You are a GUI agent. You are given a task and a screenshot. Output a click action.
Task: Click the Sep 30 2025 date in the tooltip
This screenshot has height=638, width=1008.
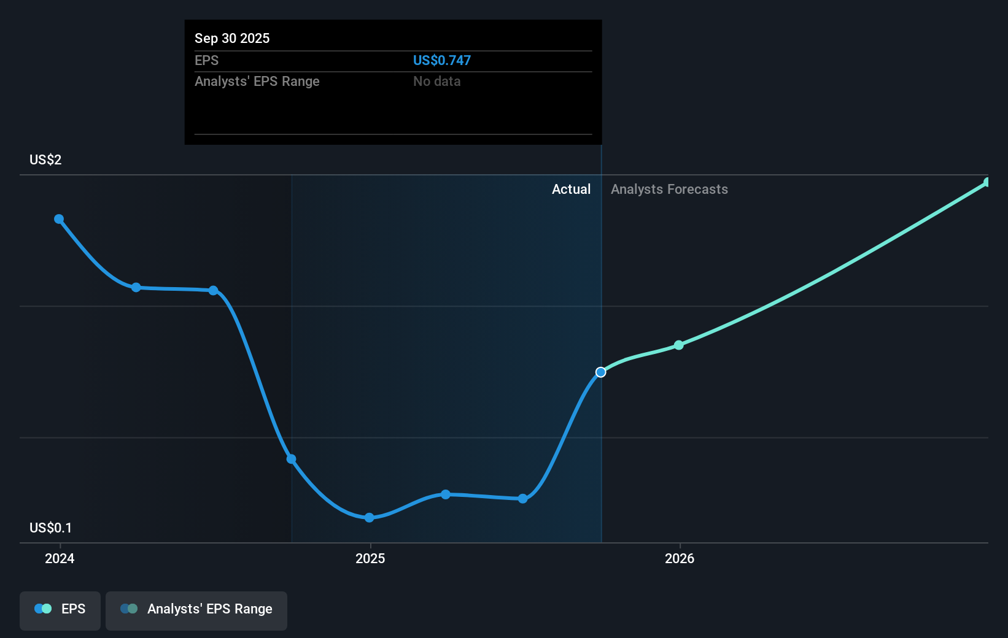(232, 38)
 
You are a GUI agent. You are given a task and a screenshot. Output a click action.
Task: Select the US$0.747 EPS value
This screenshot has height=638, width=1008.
(441, 60)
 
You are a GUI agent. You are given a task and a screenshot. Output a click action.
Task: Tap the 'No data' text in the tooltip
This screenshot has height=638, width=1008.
(436, 81)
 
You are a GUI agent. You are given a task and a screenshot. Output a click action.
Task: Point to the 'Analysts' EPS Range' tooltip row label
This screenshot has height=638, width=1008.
(257, 81)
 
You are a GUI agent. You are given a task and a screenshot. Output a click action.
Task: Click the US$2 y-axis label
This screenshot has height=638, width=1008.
(45, 159)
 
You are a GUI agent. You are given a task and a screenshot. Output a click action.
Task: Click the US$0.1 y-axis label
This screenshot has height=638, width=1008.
(50, 528)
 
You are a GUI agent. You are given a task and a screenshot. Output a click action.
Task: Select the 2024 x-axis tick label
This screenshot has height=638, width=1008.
(60, 558)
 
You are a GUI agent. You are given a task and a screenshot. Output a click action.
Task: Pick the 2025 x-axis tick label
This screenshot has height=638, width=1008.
(370, 558)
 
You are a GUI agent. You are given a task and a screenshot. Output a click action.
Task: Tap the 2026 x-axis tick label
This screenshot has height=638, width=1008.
(680, 558)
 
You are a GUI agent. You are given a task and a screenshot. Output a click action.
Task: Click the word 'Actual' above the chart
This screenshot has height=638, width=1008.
(571, 189)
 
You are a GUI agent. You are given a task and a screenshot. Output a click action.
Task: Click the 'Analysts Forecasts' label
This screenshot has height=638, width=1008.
(669, 189)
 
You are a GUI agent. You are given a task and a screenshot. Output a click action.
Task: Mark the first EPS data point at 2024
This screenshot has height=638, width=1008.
(59, 219)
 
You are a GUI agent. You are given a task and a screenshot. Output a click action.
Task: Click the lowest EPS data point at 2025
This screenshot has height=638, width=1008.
(369, 518)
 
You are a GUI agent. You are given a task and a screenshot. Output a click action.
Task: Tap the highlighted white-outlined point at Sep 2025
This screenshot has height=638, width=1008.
(601, 372)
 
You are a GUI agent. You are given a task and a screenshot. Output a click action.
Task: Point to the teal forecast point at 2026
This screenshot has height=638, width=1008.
(678, 345)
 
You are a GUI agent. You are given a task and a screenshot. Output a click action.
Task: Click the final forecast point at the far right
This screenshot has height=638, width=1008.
(987, 182)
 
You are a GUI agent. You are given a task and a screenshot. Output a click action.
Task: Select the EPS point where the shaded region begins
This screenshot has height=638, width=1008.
(292, 459)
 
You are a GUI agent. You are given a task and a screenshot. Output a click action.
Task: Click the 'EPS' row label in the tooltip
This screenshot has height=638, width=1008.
(206, 60)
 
